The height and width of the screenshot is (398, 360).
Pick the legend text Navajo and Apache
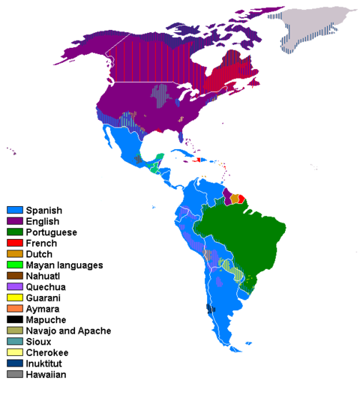pos(68,331)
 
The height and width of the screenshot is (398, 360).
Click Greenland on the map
pos(311,30)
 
